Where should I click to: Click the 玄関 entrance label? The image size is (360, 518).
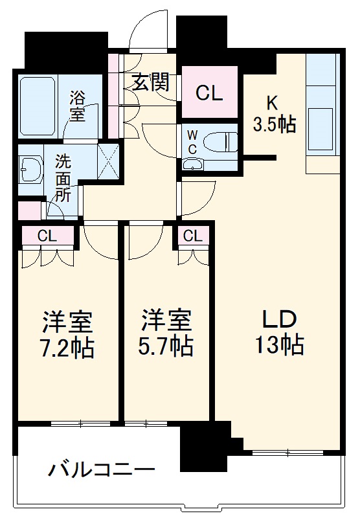click(x=152, y=82)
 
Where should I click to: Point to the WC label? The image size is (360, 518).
click(x=193, y=141)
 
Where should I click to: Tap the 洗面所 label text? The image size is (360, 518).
click(x=63, y=177)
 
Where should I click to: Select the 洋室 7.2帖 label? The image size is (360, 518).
click(x=69, y=334)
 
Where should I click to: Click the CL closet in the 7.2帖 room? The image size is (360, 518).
click(x=47, y=236)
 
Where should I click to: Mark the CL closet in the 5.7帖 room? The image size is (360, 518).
click(x=192, y=236)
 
